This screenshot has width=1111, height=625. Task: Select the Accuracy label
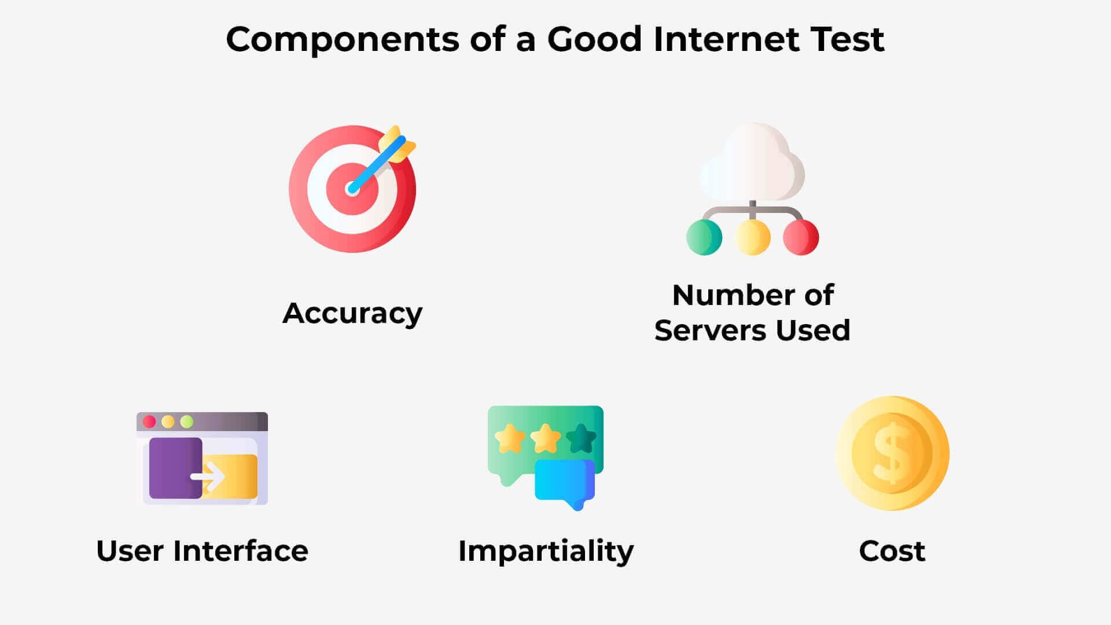[352, 314]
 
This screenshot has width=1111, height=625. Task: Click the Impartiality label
[546, 552]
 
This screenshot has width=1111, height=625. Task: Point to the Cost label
[892, 551]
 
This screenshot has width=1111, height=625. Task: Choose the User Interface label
[202, 551]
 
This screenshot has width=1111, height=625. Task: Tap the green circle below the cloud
[704, 237]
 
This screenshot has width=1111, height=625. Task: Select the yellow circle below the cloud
[752, 237]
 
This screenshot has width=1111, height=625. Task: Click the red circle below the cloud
[801, 237]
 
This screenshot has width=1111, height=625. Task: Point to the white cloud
[752, 162]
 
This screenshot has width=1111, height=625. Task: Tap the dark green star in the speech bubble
[581, 438]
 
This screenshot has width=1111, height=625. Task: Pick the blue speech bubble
[565, 482]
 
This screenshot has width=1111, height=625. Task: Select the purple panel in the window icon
[175, 468]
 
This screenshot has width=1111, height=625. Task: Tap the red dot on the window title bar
[149, 421]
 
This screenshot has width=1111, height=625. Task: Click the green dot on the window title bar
[186, 421]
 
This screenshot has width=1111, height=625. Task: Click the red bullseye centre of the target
[352, 189]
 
